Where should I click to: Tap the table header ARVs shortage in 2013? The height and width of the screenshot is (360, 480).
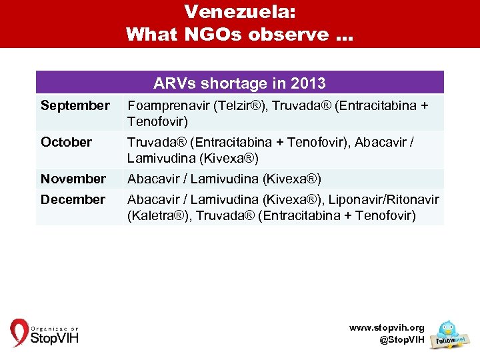239,83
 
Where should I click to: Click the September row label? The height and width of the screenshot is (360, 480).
75,105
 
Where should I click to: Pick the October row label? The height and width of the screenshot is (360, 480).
66,142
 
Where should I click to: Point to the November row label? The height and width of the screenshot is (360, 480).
73,179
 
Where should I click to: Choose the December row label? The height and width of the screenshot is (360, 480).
73,199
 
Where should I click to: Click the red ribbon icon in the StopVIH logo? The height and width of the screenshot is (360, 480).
19,332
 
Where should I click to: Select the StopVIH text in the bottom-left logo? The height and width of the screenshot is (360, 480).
55,337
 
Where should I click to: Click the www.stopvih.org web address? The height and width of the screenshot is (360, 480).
387,327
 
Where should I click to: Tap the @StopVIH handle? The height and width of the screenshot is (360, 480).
401,340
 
